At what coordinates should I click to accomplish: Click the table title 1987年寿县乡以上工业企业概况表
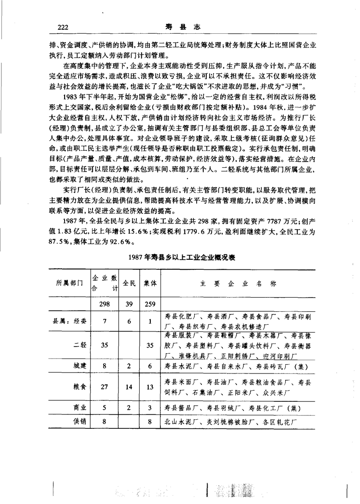tap(181, 257)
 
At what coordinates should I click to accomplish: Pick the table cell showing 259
tap(150, 305)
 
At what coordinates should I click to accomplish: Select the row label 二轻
tap(80, 345)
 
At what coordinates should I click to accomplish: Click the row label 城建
tap(80, 367)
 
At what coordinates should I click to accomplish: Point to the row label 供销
tap(80, 422)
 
